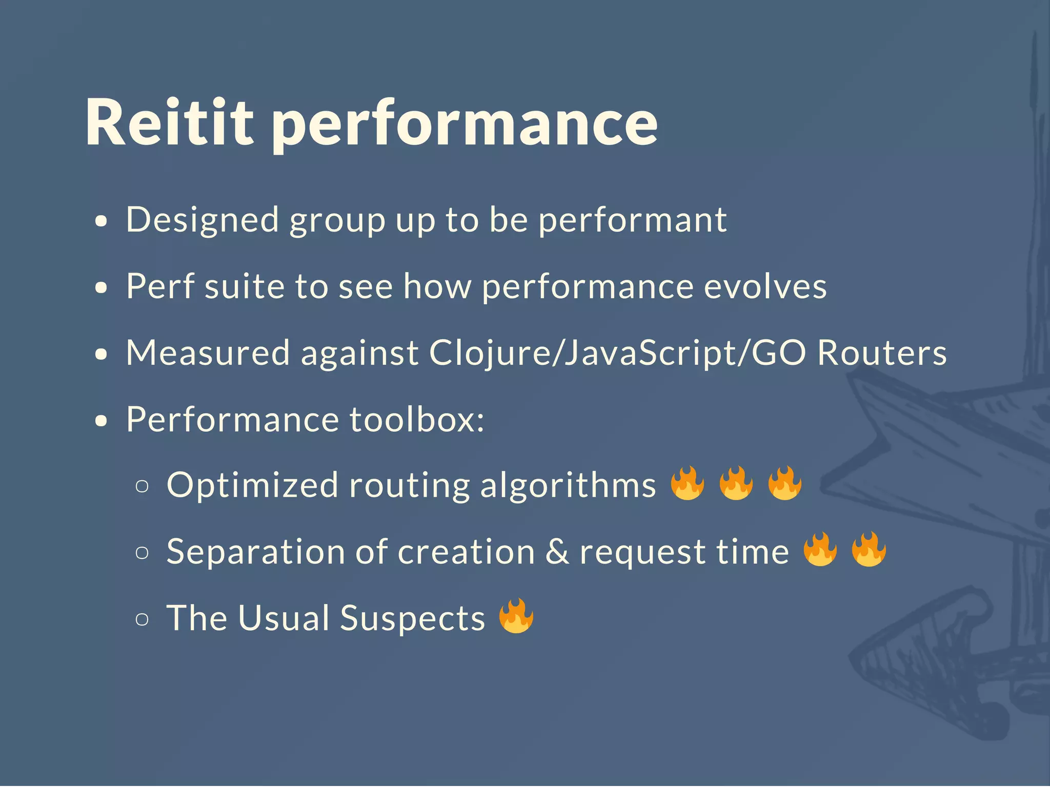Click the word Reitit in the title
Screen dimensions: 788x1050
[x=169, y=123]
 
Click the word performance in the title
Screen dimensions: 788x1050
[x=464, y=126]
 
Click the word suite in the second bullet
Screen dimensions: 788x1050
[x=244, y=287]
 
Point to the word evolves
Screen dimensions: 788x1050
[x=765, y=287]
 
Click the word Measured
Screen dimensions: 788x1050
[x=208, y=354]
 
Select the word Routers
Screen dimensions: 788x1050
[x=882, y=354]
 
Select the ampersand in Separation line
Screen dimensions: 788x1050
[x=557, y=552]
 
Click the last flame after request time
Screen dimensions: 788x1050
[x=869, y=549]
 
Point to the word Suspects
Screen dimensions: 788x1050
[x=412, y=619]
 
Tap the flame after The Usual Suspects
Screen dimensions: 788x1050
[x=516, y=616]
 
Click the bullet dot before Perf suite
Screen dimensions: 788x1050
[x=102, y=288]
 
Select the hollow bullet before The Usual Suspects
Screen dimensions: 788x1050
[x=142, y=619]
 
